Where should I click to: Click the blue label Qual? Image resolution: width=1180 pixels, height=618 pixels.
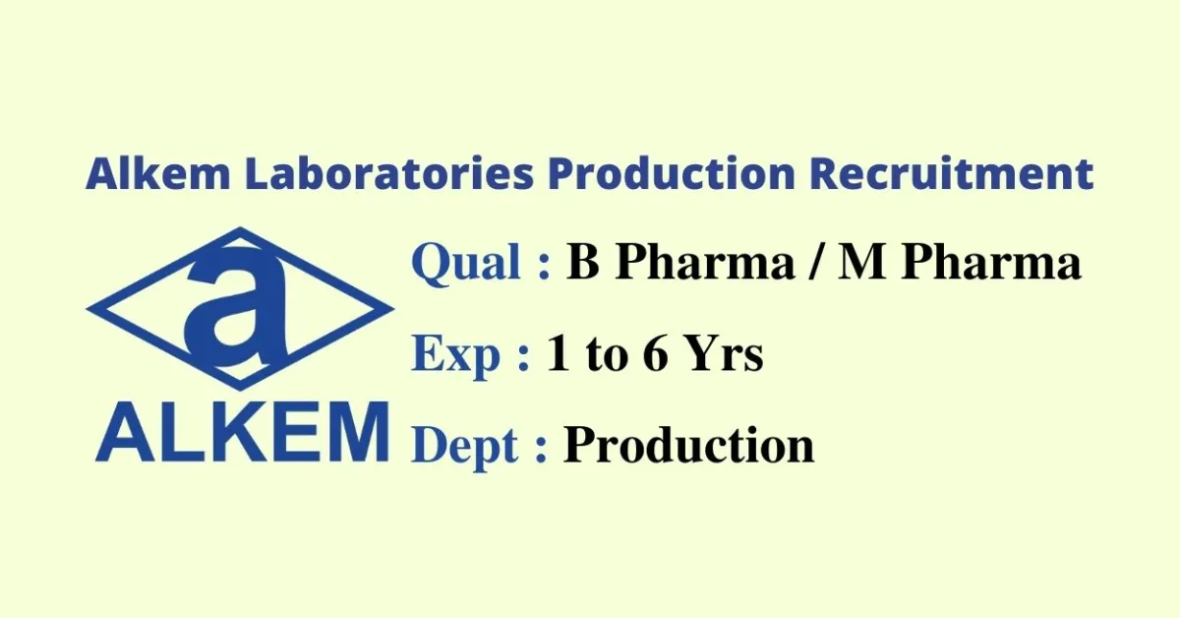[466, 264]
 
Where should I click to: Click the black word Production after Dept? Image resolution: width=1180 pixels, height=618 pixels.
[688, 446]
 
